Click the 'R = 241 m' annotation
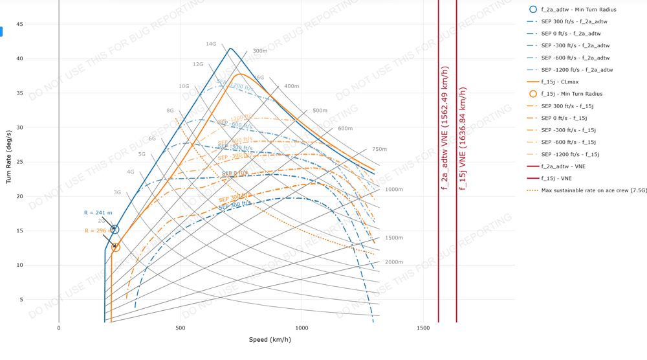click(98, 213)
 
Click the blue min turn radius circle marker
click(115, 229)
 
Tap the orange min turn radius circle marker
click(116, 247)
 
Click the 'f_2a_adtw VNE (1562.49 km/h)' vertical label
click(444, 128)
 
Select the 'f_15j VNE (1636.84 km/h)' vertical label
click(463, 138)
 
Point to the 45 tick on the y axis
click(19, 25)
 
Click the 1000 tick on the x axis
click(302, 328)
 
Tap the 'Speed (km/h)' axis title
click(270, 339)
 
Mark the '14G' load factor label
click(211, 44)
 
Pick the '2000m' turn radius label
click(393, 262)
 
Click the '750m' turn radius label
click(379, 149)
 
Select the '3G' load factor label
click(117, 192)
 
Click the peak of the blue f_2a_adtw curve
click(230, 48)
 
